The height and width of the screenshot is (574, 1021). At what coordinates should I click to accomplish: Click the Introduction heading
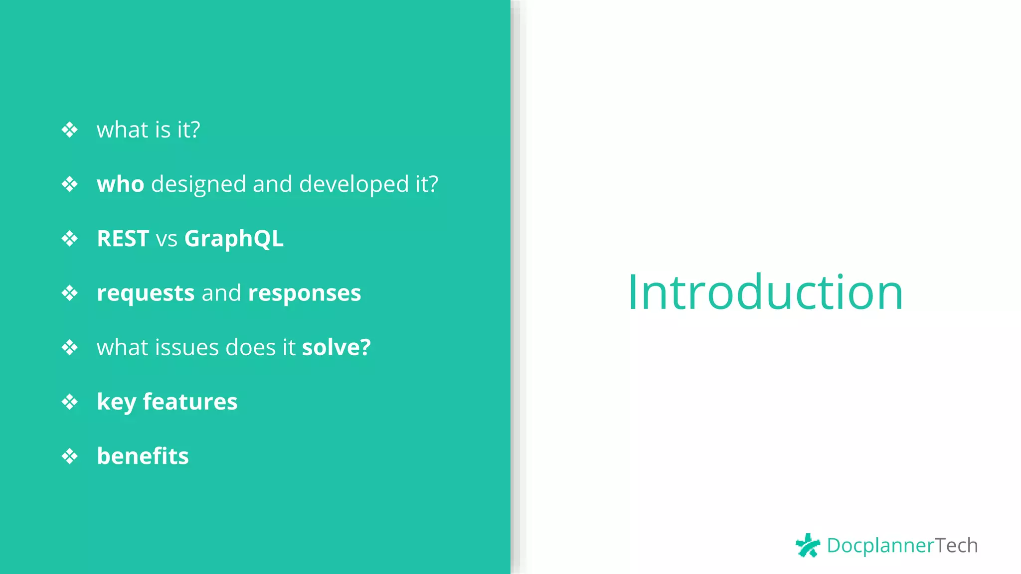[765, 292]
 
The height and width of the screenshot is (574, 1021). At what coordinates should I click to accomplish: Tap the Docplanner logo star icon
[808, 546]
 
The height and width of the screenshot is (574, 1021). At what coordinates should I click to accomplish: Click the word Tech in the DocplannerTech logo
[956, 546]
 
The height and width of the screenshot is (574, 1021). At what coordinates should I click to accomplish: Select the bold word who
[121, 184]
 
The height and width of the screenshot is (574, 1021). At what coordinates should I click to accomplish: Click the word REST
[123, 239]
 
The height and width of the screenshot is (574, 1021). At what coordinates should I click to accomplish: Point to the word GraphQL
[234, 239]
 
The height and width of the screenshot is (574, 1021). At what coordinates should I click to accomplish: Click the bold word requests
[146, 293]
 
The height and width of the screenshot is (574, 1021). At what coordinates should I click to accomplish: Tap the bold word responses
[304, 293]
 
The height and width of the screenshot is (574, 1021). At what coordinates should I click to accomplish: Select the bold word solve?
[336, 347]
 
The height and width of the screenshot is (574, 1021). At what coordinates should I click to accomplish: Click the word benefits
[143, 456]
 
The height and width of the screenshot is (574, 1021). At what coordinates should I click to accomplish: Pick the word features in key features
[190, 402]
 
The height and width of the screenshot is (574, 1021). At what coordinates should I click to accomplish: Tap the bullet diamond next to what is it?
[70, 130]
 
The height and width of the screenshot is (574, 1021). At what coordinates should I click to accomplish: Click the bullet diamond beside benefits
[70, 456]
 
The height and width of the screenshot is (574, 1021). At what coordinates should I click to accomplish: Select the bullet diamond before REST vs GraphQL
[70, 239]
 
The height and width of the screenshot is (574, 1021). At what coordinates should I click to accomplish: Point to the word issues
[186, 347]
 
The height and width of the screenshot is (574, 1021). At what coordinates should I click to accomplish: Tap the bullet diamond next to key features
[70, 402]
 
